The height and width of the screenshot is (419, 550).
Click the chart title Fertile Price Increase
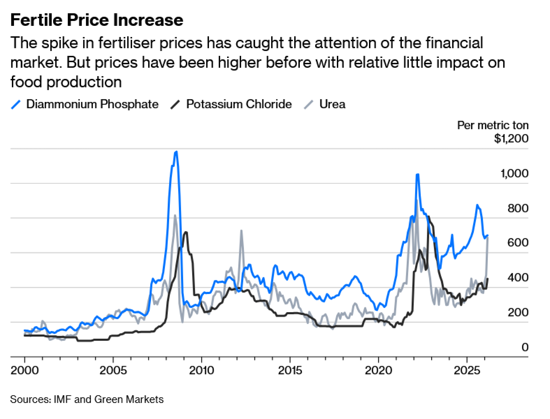point(97,20)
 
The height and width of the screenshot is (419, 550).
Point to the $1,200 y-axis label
point(511,138)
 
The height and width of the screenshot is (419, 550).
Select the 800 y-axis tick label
point(518,208)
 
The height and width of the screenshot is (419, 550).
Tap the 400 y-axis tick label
point(518,278)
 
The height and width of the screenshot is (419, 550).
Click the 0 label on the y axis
point(525,347)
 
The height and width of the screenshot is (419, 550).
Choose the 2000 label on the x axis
point(24,370)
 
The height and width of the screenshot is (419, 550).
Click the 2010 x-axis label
point(201,370)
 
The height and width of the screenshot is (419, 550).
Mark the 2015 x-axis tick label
point(290,370)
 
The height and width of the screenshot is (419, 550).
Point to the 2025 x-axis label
point(467,370)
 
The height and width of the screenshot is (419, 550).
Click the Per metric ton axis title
point(493,125)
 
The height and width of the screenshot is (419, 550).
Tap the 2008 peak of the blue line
point(176,152)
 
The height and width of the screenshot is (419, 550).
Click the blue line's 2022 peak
point(417,174)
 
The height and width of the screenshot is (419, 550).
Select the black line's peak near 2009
point(186,232)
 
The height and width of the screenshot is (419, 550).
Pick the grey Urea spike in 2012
point(241,231)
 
